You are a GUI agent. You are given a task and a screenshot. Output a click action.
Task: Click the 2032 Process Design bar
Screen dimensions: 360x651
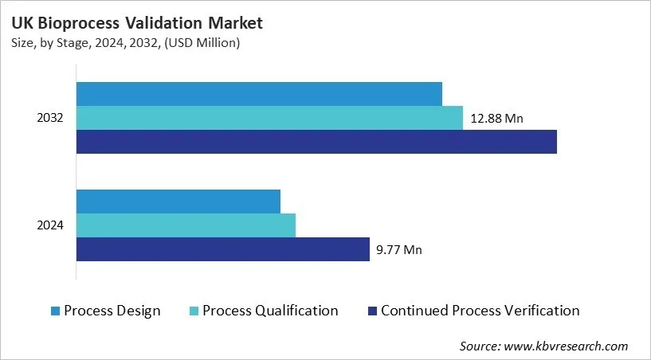[x=259, y=93]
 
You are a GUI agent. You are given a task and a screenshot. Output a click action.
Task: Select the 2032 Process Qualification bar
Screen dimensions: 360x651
[x=269, y=118]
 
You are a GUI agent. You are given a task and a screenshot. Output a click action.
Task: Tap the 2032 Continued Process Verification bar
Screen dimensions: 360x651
[x=316, y=142]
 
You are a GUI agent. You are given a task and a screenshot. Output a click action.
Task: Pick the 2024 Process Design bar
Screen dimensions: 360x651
[x=178, y=201]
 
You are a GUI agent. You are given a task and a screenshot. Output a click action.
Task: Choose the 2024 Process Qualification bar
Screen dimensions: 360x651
[x=186, y=225]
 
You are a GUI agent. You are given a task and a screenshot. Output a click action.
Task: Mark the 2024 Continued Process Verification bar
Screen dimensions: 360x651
[x=223, y=249]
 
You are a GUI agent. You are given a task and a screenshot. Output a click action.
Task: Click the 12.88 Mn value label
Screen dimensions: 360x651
[x=496, y=119]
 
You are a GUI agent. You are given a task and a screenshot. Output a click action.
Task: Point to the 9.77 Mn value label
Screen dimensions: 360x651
[x=398, y=250]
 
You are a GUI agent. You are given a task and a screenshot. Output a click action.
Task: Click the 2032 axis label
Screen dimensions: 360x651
[x=50, y=118]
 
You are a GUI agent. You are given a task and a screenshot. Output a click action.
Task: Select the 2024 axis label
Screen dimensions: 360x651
[x=50, y=225]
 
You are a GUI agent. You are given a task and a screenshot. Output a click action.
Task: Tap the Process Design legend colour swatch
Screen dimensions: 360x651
[x=55, y=311]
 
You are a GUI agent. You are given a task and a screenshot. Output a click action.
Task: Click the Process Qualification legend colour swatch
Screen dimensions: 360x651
[x=194, y=311]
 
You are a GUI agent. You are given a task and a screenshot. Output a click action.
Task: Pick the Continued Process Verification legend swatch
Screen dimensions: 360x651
[x=371, y=311]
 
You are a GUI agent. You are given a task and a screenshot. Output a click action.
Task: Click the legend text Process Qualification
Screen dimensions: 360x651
[x=270, y=311]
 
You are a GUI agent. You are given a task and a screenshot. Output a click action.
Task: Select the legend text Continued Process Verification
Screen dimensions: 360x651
[x=480, y=311]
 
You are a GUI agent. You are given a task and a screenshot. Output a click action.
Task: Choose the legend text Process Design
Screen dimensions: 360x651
[x=112, y=311]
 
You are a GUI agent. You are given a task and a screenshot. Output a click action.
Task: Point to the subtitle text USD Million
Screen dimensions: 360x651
[x=206, y=43]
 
